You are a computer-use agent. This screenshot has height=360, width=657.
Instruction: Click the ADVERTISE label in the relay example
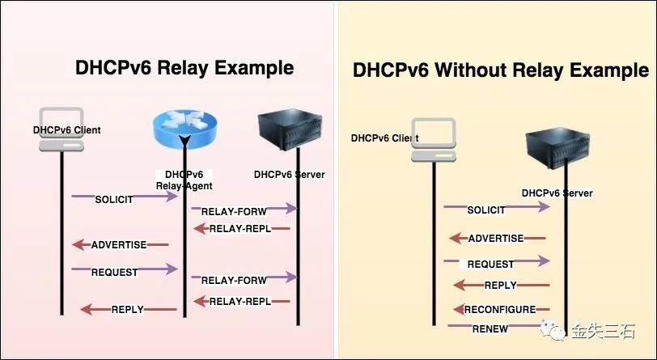(119, 244)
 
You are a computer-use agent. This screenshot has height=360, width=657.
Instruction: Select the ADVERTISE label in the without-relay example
(496, 239)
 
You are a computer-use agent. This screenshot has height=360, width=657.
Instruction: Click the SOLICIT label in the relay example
(114, 199)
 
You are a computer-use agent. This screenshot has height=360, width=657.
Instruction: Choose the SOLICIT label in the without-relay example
(486, 210)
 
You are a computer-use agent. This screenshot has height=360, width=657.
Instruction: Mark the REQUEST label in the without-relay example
(490, 264)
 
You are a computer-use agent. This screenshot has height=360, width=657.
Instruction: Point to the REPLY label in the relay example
(128, 309)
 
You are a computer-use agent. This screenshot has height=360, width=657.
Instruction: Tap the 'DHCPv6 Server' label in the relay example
(289, 174)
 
